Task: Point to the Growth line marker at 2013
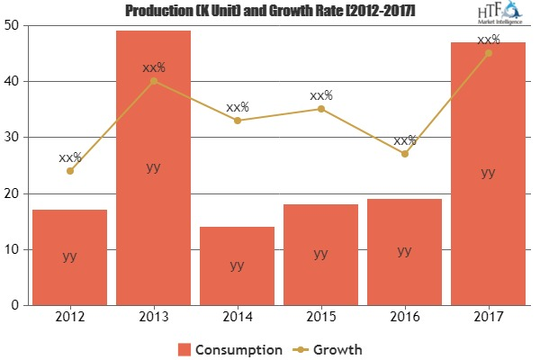coord(153,81)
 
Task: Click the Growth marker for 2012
coord(69,171)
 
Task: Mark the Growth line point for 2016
coord(404,154)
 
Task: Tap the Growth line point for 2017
coord(488,52)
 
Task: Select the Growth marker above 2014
coord(237,121)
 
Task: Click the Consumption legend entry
coord(229,348)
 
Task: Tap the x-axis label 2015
coord(320,318)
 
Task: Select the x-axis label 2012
coord(69,318)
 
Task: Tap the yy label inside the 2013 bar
coord(153,166)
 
